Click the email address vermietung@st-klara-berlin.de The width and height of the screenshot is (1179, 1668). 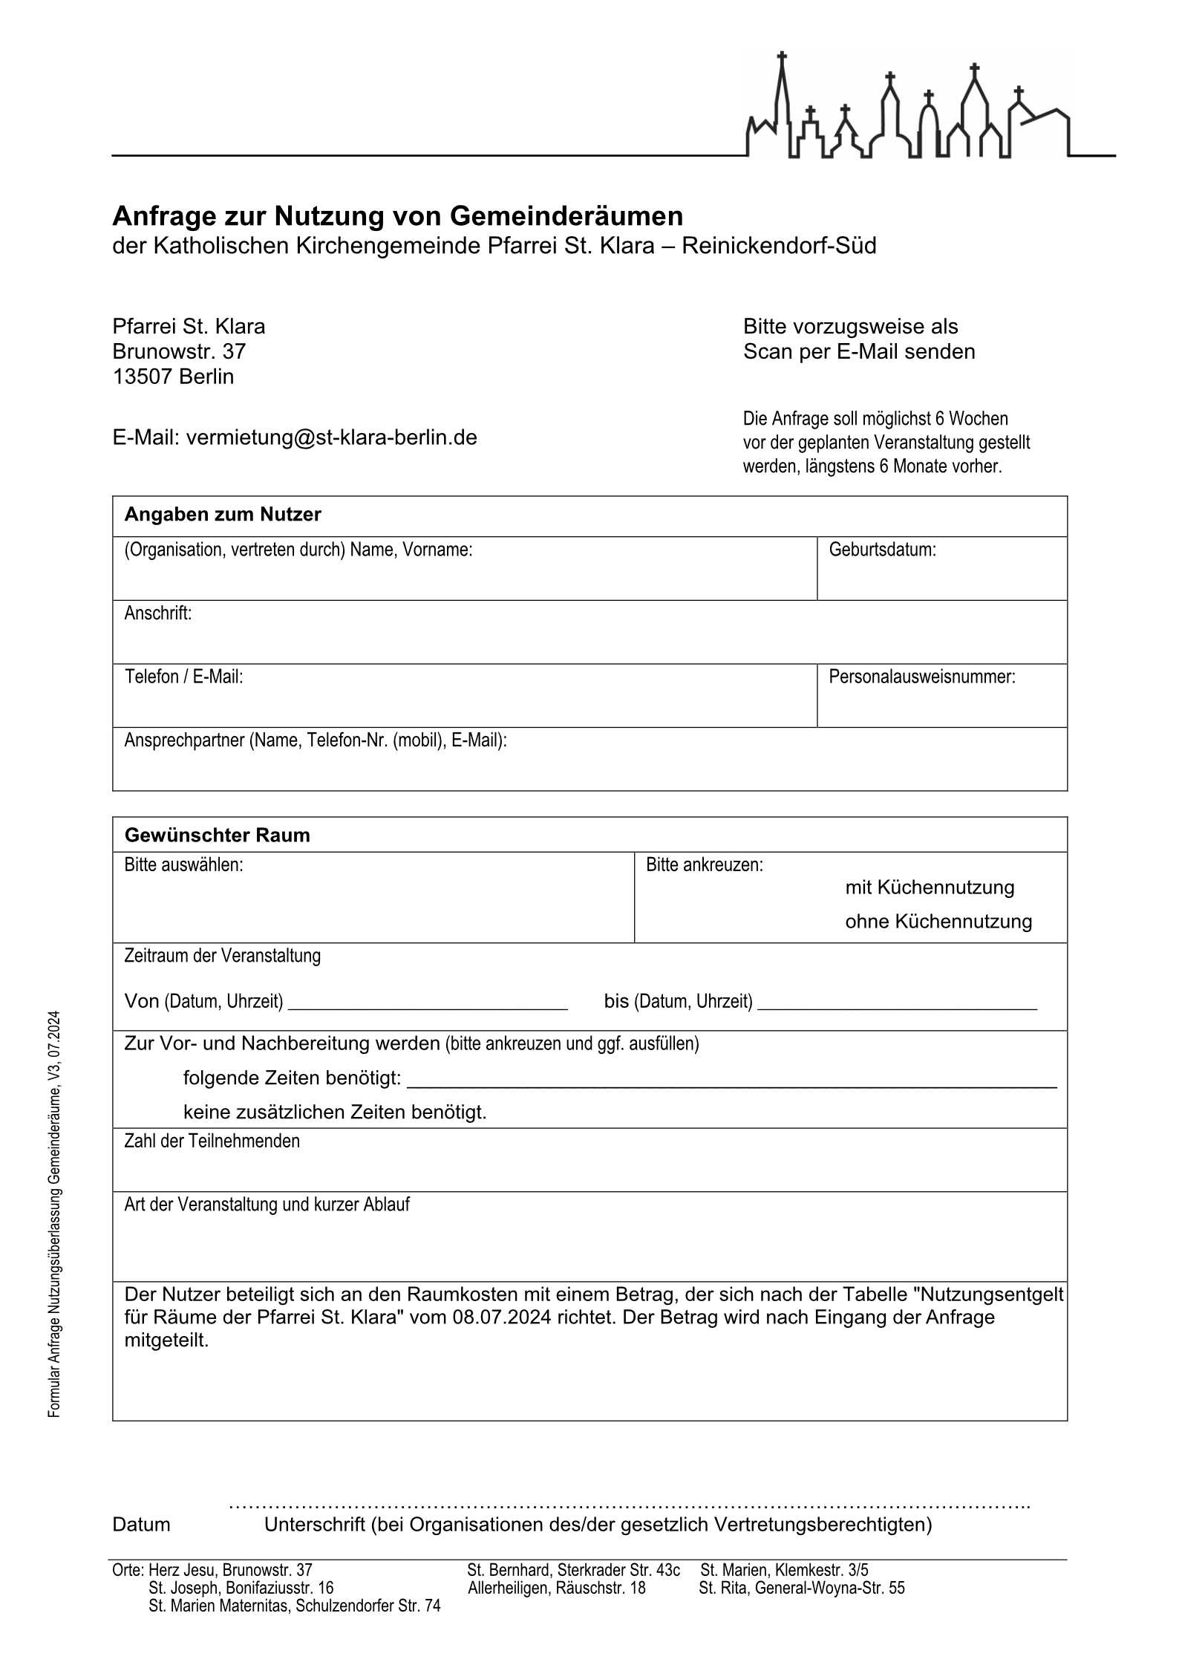tap(331, 437)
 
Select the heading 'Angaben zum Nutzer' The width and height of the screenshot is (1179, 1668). tap(223, 515)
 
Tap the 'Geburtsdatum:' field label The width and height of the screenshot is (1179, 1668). tap(882, 550)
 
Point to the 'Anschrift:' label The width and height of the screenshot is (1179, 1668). tap(157, 613)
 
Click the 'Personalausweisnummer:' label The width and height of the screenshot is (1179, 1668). tap(921, 677)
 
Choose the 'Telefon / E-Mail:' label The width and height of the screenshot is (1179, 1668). tap(183, 677)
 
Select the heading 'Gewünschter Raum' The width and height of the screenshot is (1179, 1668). tap(217, 835)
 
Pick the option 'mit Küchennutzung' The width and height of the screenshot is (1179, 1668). tap(930, 887)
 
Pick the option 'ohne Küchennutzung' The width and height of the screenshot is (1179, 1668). tap(938, 922)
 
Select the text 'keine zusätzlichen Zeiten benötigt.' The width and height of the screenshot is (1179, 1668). tap(335, 1112)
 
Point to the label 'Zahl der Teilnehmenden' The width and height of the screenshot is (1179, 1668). tap(212, 1141)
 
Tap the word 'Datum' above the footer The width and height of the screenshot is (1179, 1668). tap(141, 1525)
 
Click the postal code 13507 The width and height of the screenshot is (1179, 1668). tap(143, 377)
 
